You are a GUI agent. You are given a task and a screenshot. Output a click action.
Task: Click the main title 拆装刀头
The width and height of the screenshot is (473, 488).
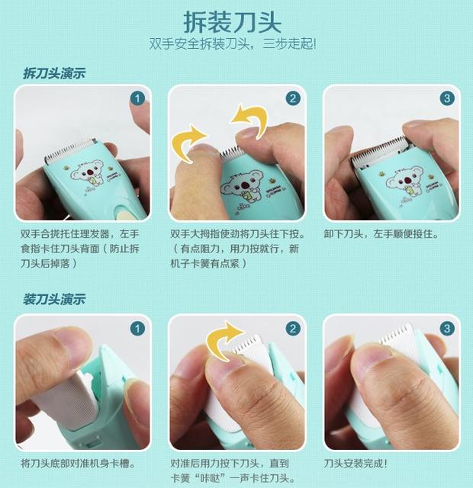(232, 22)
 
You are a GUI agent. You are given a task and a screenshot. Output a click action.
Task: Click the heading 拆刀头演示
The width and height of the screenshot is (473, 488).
(54, 73)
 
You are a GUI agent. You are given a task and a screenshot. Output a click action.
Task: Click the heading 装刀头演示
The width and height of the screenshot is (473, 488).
(54, 299)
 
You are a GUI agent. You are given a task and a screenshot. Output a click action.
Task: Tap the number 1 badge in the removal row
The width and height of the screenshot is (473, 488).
(137, 98)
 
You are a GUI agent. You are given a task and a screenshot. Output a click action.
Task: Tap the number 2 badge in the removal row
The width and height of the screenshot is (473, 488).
(293, 98)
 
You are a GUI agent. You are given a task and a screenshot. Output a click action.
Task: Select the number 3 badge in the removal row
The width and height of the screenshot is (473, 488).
(447, 98)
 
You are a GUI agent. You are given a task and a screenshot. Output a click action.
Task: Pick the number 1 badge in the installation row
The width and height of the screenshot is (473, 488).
(137, 329)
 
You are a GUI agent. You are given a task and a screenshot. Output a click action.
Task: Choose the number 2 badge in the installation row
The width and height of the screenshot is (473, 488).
(293, 329)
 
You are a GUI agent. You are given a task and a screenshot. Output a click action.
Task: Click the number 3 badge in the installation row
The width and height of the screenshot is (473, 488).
(447, 329)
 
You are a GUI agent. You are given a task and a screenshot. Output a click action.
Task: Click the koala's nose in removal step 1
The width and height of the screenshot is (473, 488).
(90, 172)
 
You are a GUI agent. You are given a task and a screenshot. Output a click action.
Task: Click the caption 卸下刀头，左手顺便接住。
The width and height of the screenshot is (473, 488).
(381, 234)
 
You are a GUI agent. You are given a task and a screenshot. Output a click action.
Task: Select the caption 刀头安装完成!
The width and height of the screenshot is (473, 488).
(356, 464)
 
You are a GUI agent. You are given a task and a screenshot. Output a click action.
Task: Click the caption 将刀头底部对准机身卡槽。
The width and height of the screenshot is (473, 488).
(78, 464)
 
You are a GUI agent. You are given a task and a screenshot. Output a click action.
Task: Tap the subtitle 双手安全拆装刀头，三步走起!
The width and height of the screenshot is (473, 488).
(232, 43)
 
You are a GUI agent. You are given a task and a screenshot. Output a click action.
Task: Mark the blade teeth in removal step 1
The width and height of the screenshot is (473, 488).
(70, 150)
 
